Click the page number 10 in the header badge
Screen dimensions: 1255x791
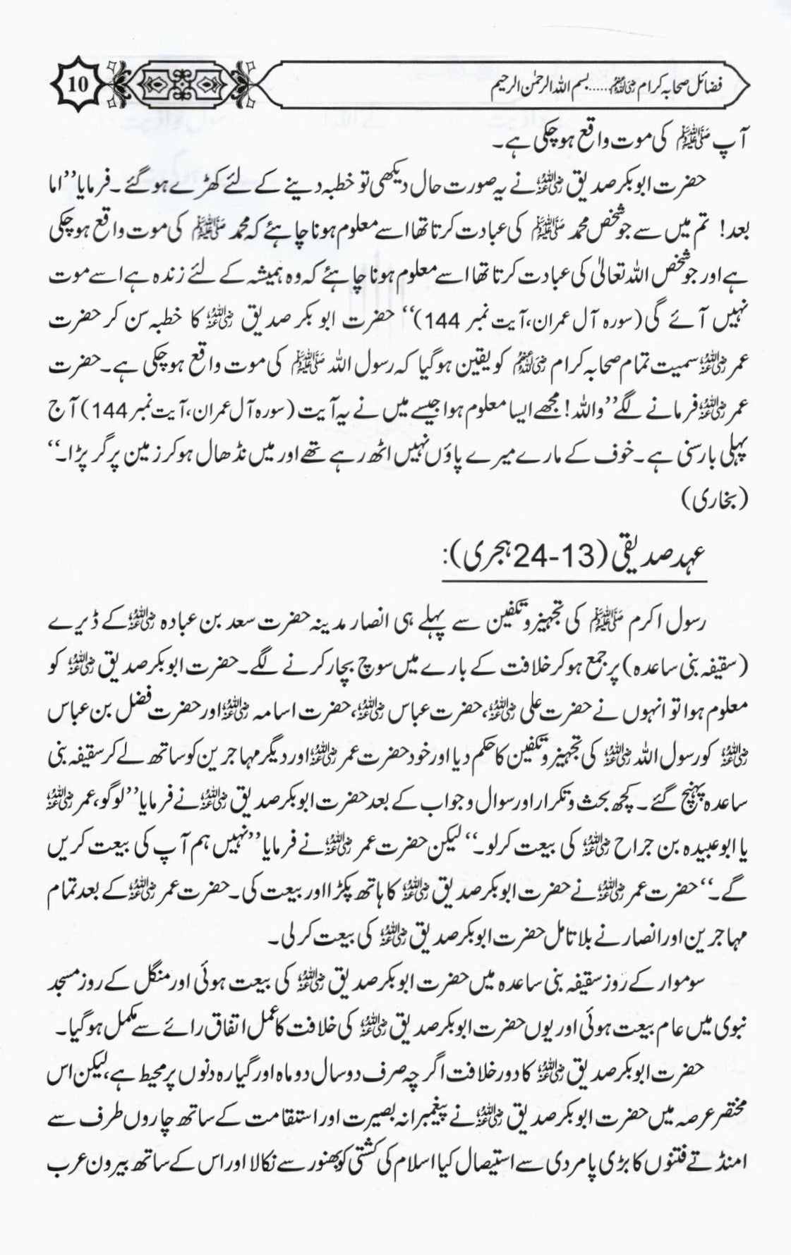(x=77, y=86)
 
